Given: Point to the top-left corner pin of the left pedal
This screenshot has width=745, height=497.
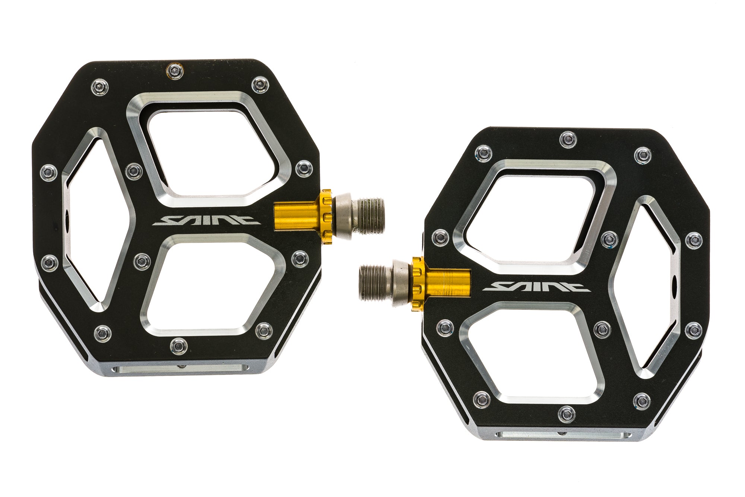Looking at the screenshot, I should (x=100, y=87).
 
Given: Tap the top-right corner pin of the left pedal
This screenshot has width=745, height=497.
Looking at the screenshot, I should (x=259, y=84).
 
